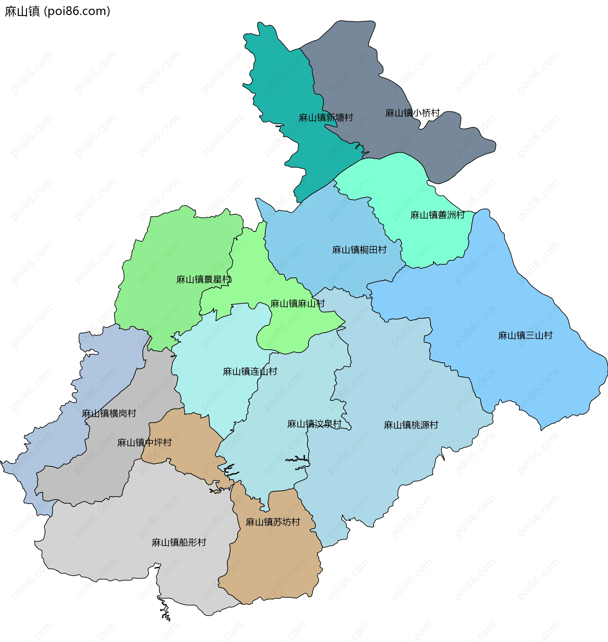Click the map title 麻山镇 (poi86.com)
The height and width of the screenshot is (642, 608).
point(58,11)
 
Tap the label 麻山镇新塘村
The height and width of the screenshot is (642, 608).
point(326,117)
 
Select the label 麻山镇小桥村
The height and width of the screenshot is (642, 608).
point(412,113)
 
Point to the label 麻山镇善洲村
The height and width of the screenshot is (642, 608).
point(438,215)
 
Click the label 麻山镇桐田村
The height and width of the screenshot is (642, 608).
point(359,250)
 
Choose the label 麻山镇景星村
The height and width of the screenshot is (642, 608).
point(204,279)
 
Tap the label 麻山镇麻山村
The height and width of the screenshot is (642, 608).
point(298,303)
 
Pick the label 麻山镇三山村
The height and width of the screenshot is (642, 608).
point(525,335)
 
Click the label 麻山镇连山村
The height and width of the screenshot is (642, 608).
point(250,371)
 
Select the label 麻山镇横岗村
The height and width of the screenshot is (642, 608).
point(109,413)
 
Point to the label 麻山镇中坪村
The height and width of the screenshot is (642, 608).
point(144,442)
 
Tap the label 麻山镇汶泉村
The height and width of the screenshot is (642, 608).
point(314,423)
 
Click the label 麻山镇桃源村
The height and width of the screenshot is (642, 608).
point(411,424)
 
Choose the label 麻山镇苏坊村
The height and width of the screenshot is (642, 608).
point(273,522)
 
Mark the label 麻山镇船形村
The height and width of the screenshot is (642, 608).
point(179,542)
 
